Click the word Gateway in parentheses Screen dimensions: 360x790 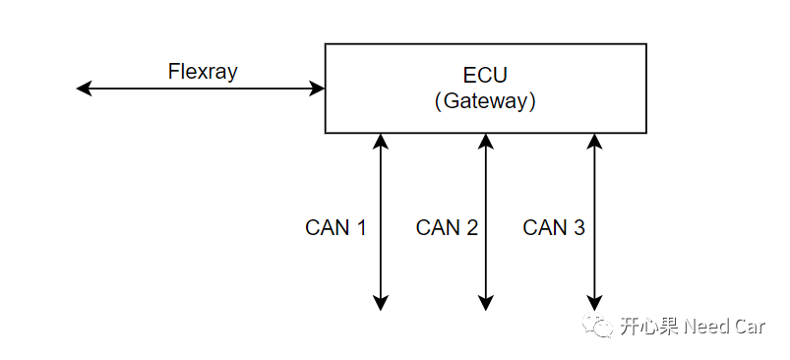(485, 101)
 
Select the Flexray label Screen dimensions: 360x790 (203, 72)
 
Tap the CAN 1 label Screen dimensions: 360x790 (335, 228)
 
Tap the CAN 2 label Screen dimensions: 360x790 (447, 228)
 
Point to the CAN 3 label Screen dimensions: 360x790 (554, 228)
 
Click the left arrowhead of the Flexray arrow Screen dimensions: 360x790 (84, 89)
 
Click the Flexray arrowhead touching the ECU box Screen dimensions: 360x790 (318, 89)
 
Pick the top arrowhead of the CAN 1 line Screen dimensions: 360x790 (381, 141)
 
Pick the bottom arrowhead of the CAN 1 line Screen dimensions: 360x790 (381, 303)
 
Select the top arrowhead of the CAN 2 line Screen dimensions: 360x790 (485, 141)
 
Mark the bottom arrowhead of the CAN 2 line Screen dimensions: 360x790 (485, 303)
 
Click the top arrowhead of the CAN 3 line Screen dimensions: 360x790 (593, 141)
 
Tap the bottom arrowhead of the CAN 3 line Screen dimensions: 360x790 (593, 303)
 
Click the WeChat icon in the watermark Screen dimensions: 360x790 (597, 326)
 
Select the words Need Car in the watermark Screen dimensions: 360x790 (724, 327)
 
